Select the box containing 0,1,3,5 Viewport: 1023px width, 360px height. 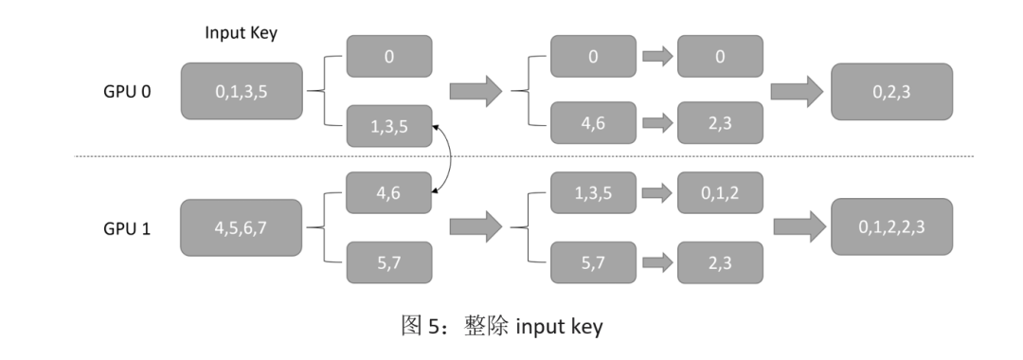point(242,92)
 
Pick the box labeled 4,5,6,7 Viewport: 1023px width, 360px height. point(242,227)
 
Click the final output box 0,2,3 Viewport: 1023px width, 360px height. point(890,92)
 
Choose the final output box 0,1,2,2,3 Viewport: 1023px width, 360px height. point(890,227)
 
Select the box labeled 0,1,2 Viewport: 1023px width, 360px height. point(721,193)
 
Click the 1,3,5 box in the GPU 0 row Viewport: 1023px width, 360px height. point(389,126)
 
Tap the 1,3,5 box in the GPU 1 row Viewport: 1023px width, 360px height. point(593,193)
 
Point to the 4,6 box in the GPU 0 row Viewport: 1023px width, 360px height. point(593,126)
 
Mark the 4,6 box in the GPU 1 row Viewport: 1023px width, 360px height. point(389,193)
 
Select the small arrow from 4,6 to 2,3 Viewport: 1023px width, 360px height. point(656,126)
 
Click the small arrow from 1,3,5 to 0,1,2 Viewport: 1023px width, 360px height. point(656,193)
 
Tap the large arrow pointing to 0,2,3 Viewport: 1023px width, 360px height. point(797,92)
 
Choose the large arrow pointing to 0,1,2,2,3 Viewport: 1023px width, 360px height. point(797,227)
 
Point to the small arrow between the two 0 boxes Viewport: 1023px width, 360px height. point(656,57)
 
